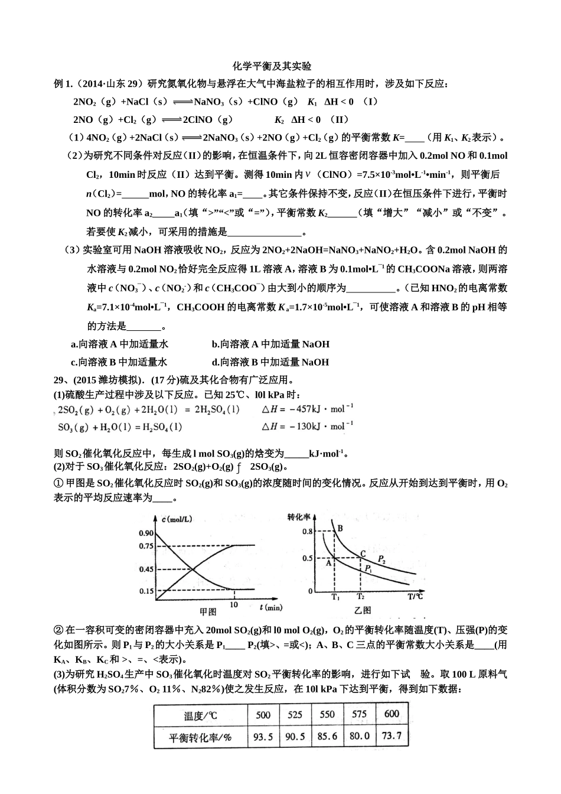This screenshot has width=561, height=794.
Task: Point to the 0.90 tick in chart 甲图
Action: (x=146, y=533)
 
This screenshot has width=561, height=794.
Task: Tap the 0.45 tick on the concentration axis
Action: (x=146, y=570)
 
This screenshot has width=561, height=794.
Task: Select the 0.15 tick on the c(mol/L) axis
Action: (x=146, y=591)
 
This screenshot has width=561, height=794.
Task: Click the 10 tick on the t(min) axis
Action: (x=234, y=605)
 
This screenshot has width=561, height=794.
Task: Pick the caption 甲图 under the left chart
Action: (x=208, y=611)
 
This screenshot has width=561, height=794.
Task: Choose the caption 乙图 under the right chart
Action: (x=363, y=610)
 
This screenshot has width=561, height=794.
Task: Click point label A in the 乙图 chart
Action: (x=328, y=563)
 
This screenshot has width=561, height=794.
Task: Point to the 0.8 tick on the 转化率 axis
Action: (x=307, y=532)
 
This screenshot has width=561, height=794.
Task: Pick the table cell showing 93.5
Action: (x=263, y=736)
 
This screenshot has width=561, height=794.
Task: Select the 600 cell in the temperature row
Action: (x=392, y=714)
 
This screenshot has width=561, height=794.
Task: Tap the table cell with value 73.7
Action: (x=392, y=736)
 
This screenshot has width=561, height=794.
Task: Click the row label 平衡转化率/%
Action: (x=200, y=737)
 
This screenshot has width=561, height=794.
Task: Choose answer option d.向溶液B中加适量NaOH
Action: (x=270, y=362)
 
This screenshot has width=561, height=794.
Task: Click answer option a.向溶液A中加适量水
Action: (x=119, y=344)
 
